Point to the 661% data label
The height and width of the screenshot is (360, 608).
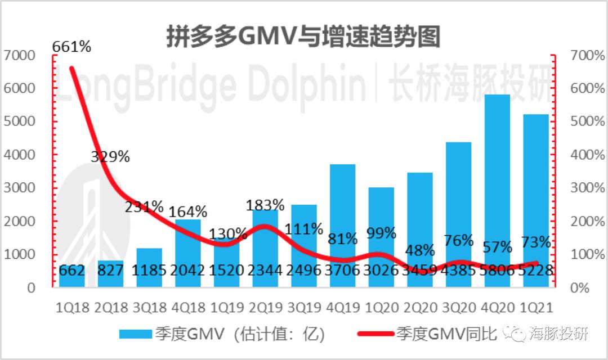click(x=71, y=47)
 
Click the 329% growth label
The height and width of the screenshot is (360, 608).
click(x=110, y=157)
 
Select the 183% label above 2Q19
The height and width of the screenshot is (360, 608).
click(x=265, y=204)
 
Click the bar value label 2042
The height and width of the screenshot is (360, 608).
click(x=187, y=271)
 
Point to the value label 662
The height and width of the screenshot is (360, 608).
click(x=71, y=271)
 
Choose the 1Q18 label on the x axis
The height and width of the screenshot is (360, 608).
click(x=71, y=308)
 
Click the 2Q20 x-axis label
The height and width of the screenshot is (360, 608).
click(x=420, y=308)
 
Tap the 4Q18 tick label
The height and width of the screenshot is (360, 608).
click(x=187, y=308)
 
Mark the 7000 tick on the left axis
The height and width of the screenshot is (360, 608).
click(x=19, y=56)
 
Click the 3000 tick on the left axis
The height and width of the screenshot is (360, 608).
click(x=19, y=188)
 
